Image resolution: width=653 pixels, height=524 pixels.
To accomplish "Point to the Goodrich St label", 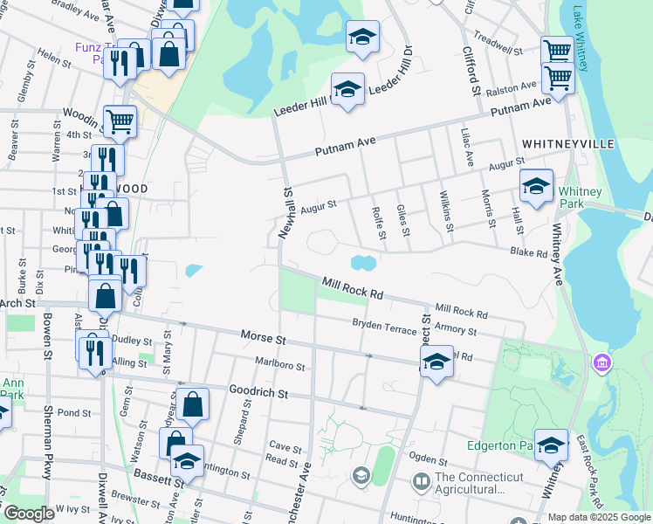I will coord(258,393).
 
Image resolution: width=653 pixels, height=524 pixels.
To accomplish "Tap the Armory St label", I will coord(455,331).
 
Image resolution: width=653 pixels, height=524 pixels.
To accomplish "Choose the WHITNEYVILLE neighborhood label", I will coord(568,142).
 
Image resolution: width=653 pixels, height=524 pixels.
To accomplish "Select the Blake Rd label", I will coord(530,252).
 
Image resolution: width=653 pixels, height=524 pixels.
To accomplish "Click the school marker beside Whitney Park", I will coord(536,185).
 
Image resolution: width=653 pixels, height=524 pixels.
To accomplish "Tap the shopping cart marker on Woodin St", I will coord(120,120).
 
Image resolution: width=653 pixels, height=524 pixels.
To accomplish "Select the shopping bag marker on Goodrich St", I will coord(193,403).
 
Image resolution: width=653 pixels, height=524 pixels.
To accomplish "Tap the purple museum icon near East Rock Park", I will coord(600,362).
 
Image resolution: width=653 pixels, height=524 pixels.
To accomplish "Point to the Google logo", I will coord(29,514).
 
